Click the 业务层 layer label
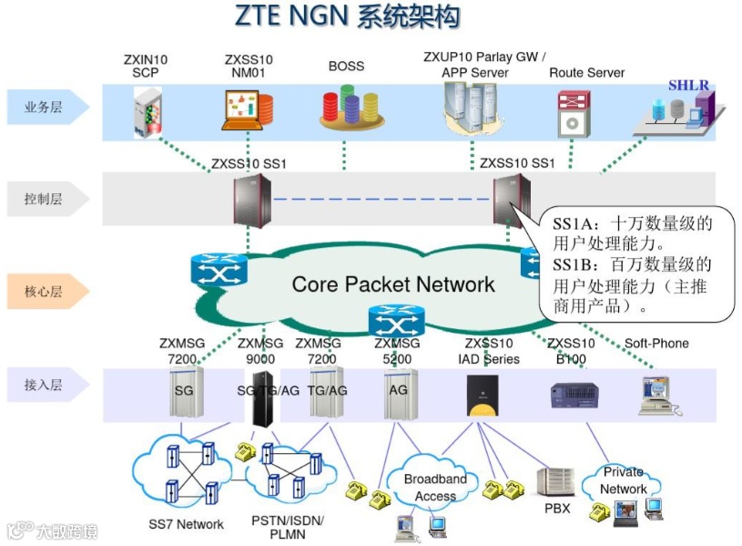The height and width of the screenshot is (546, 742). [x=44, y=108]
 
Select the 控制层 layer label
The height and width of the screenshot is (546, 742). [x=44, y=199]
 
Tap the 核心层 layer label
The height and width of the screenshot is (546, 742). [x=44, y=293]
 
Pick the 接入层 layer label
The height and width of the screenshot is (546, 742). [x=44, y=386]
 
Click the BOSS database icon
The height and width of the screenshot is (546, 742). [x=346, y=107]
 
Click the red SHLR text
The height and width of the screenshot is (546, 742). [x=688, y=86]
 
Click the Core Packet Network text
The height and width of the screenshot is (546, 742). [x=393, y=284]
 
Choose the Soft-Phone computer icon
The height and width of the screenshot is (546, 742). [x=656, y=395]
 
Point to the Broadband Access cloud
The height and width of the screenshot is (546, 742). [x=435, y=487]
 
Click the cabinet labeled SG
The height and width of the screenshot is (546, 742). [x=183, y=393]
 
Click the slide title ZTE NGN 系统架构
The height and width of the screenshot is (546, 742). [x=347, y=17]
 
